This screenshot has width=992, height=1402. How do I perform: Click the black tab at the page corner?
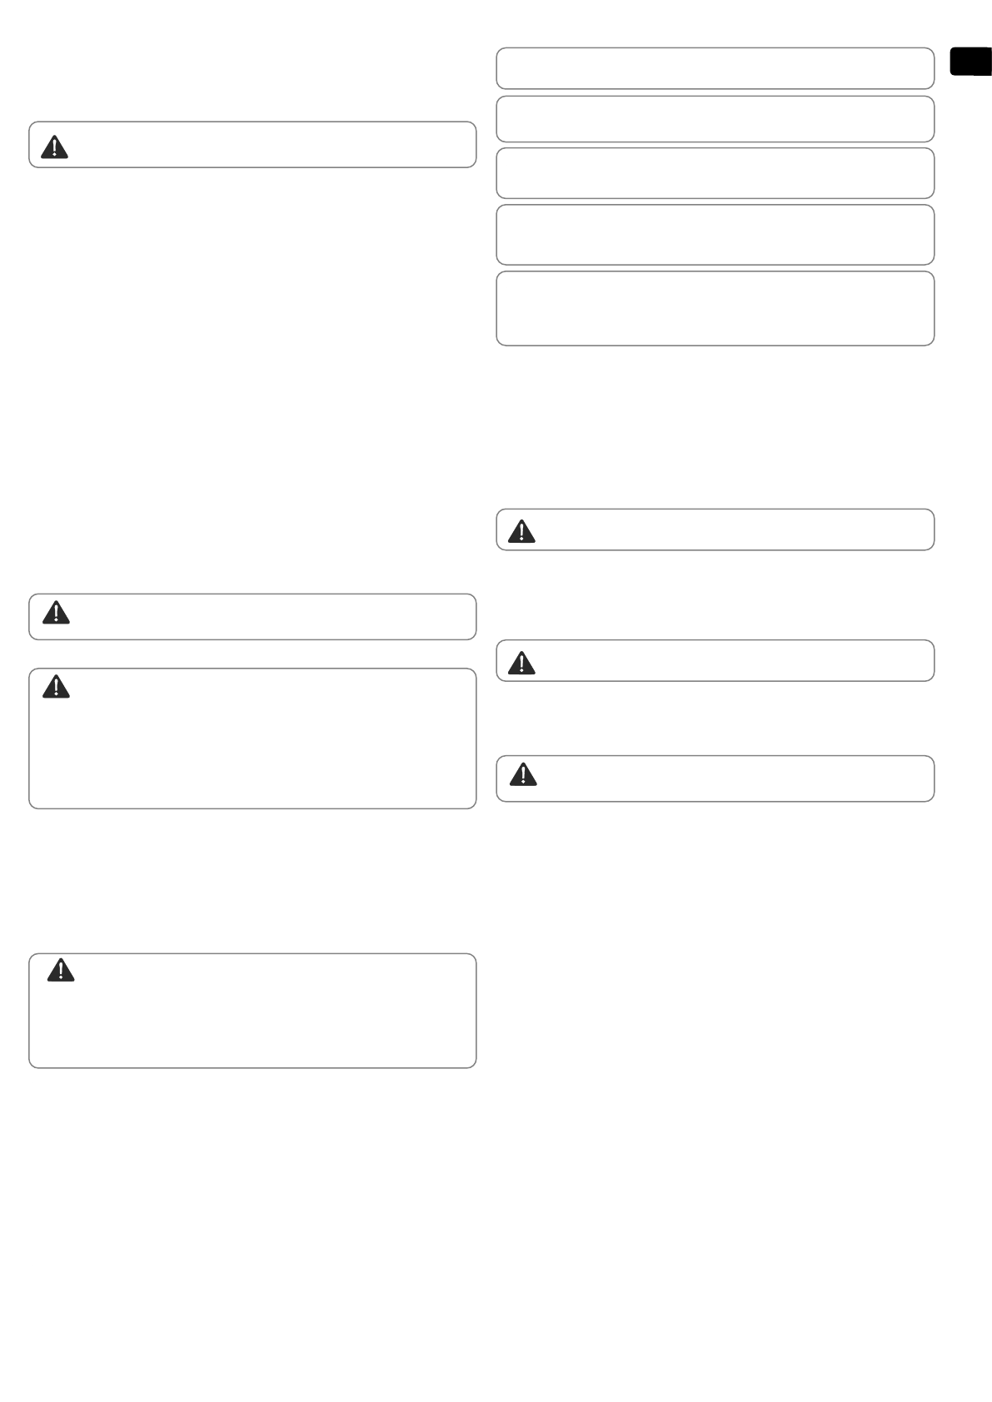(x=970, y=62)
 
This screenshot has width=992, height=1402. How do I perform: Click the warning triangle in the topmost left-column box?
(x=54, y=147)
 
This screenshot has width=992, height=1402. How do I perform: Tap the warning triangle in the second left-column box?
(x=56, y=613)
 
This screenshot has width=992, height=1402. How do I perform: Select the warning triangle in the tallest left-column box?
(x=56, y=687)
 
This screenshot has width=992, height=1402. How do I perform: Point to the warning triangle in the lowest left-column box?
(x=61, y=971)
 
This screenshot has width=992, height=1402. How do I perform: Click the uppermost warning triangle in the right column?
(x=521, y=531)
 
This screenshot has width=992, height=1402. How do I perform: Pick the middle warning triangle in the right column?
(x=521, y=663)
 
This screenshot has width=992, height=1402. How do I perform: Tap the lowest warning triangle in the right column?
(x=522, y=775)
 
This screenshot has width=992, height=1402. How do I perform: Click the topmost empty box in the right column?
(x=715, y=68)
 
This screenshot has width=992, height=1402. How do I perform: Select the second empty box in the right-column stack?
(x=715, y=119)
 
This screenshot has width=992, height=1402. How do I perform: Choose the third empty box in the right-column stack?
(x=715, y=173)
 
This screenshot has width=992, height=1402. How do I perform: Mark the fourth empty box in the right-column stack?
(x=715, y=235)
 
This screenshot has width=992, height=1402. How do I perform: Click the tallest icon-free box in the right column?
(x=715, y=308)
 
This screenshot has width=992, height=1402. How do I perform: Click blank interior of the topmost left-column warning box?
(x=267, y=145)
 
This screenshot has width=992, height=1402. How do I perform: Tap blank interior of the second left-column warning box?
(x=267, y=617)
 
